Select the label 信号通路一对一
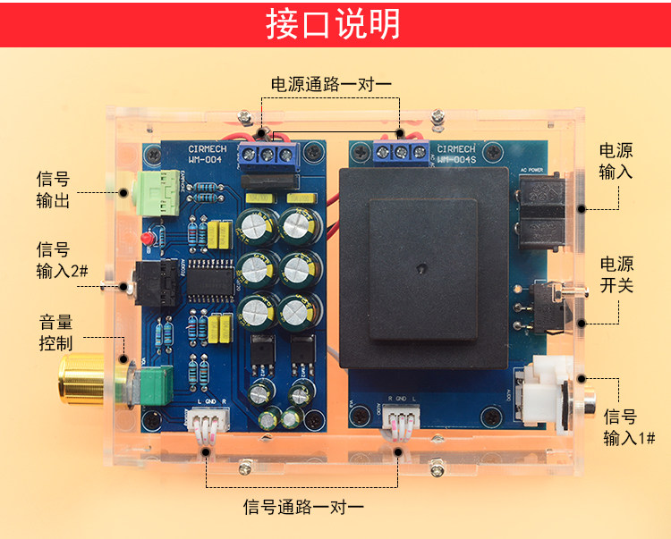tap(304, 507)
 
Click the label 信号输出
tap(53, 189)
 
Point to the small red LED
tap(146, 240)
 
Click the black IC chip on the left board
tap(212, 280)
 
